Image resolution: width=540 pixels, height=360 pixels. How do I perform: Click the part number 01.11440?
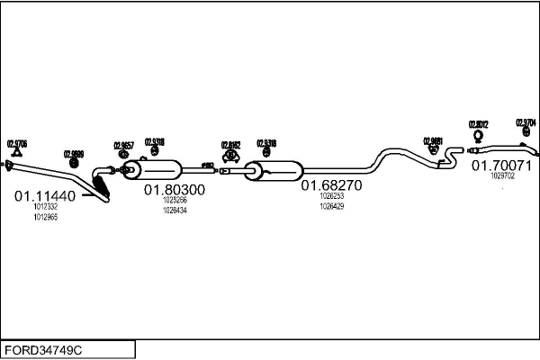(44, 194)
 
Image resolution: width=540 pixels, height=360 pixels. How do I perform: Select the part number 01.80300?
(175, 190)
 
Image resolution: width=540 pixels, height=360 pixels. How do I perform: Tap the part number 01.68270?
(331, 185)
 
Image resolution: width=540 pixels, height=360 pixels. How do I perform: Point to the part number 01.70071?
(502, 166)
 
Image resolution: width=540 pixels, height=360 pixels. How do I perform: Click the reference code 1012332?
(44, 208)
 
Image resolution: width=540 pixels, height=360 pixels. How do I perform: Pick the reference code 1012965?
(44, 218)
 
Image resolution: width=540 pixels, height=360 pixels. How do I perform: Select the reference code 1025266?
(175, 201)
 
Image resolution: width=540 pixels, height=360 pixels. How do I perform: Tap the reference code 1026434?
(175, 211)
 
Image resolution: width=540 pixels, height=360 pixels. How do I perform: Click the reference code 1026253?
(331, 196)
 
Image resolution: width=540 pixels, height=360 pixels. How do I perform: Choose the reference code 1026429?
(331, 206)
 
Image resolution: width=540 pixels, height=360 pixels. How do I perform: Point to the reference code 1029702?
(502, 176)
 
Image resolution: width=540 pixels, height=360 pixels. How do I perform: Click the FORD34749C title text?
(46, 349)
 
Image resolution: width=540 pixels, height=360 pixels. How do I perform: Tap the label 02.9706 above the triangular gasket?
(17, 143)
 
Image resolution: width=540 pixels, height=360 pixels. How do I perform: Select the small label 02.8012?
(478, 124)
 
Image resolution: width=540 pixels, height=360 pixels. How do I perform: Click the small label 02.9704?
(526, 122)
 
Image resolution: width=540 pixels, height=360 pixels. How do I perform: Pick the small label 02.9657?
(123, 145)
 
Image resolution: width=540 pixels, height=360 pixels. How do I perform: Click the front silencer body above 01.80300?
(157, 169)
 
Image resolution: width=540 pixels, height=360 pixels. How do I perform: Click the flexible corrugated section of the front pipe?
(101, 187)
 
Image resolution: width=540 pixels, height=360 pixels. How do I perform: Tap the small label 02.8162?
(231, 143)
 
